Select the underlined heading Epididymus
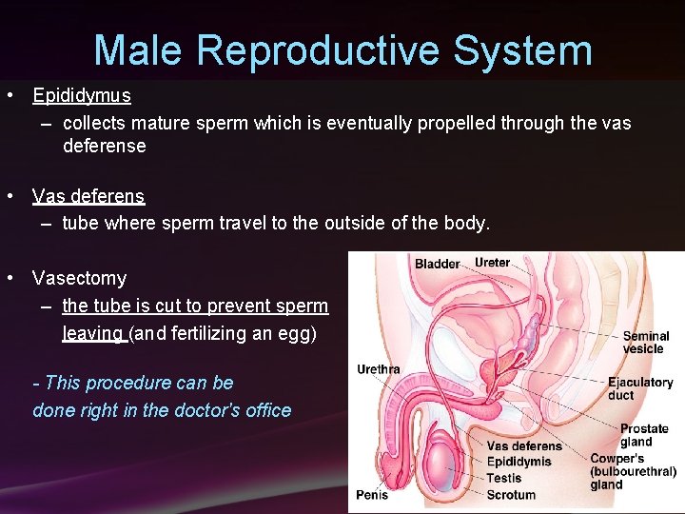coord(81,96)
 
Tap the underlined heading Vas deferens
coord(88,197)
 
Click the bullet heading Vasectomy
coord(79,279)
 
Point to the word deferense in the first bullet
coord(105,147)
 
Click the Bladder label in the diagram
coord(437,264)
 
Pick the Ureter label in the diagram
coord(492,263)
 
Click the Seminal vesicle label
coord(645,343)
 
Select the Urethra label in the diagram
coord(378,369)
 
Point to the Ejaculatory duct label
coord(640,389)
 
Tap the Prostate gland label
coord(643,435)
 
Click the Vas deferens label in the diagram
coord(523,446)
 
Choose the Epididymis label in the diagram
coord(519,462)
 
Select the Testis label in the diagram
coord(503,478)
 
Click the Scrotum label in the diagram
coord(511,494)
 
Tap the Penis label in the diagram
coord(372,495)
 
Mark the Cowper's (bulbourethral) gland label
coord(633,471)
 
